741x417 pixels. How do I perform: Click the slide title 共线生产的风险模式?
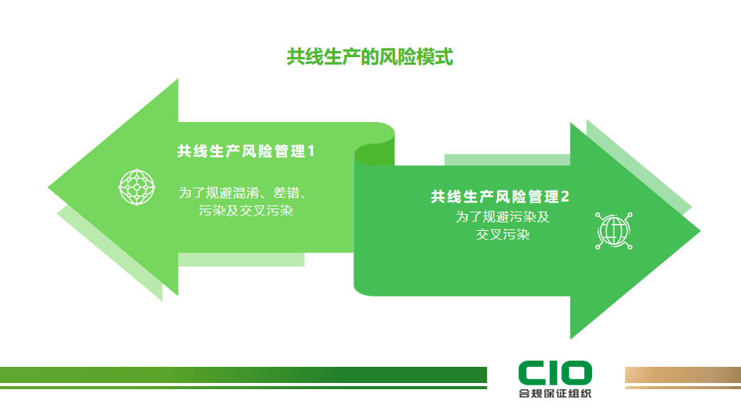pos(370,57)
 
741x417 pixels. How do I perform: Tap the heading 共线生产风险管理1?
pos(245,151)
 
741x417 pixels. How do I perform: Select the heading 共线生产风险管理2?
pos(499,197)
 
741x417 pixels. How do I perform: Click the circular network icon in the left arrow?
pos(137,186)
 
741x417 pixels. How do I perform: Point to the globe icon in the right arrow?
pos(614,230)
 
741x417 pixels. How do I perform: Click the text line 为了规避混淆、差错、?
pos(245,192)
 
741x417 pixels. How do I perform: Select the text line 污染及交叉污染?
pos(245,210)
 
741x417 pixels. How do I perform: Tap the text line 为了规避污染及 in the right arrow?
pos(502,217)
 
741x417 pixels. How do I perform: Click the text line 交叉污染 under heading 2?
pos(502,235)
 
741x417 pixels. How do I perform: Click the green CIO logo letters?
pos(555,373)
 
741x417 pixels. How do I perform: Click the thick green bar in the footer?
pos(243,375)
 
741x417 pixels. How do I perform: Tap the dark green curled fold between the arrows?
pos(374,154)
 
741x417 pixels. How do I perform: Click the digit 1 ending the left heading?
pos(311,151)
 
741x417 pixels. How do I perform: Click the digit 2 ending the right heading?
pos(565,197)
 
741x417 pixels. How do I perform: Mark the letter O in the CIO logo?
pos(577,373)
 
